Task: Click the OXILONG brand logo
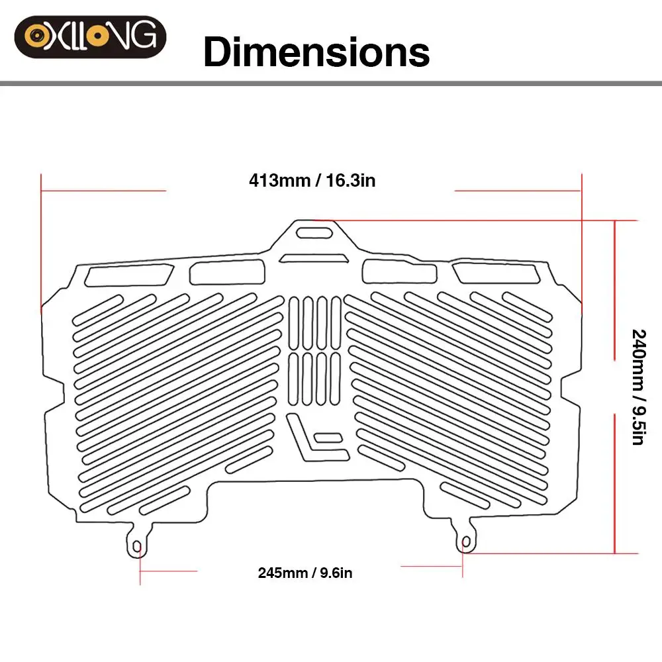pos(90,36)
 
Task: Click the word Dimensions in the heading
pos(316,52)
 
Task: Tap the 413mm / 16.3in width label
pos(312,180)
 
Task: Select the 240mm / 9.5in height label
pos(639,387)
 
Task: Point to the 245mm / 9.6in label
pos(305,573)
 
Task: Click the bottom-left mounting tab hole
pos(137,547)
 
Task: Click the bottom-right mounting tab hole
pos(466,542)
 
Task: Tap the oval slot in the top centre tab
pos(314,232)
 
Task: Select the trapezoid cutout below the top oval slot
pos(314,258)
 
